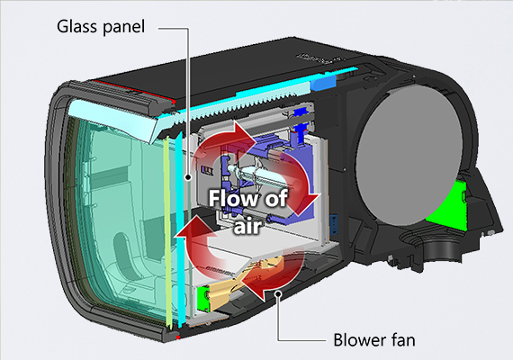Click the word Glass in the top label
coord(77,26)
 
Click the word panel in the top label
coord(123,27)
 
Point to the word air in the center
coord(247,225)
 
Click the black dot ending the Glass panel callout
coord(188,177)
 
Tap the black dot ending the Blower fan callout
coord(278,293)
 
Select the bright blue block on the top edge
coord(323,83)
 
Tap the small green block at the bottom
coord(203,299)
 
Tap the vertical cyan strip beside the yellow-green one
coord(179,229)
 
